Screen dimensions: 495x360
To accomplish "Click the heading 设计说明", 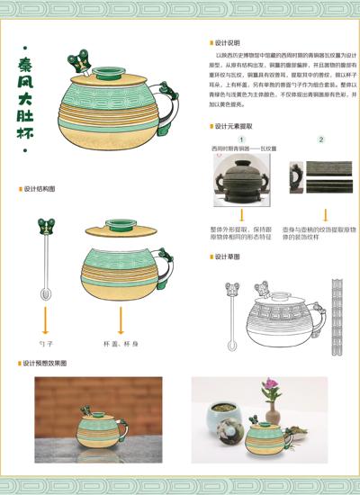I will coord(228,42).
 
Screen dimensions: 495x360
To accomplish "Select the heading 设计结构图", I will coord(40,189).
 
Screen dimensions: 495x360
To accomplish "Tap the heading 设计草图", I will coord(228,257).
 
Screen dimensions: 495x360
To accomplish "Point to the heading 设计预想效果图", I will coord(44,363).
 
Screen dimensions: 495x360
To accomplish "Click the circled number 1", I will coord(242,139).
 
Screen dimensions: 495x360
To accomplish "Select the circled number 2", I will coord(321,139).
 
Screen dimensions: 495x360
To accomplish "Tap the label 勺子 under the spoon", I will coord(44,344).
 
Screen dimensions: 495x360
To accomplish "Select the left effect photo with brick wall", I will coord(98,409).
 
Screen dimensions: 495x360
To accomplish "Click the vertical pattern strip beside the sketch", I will coord(337,310).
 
